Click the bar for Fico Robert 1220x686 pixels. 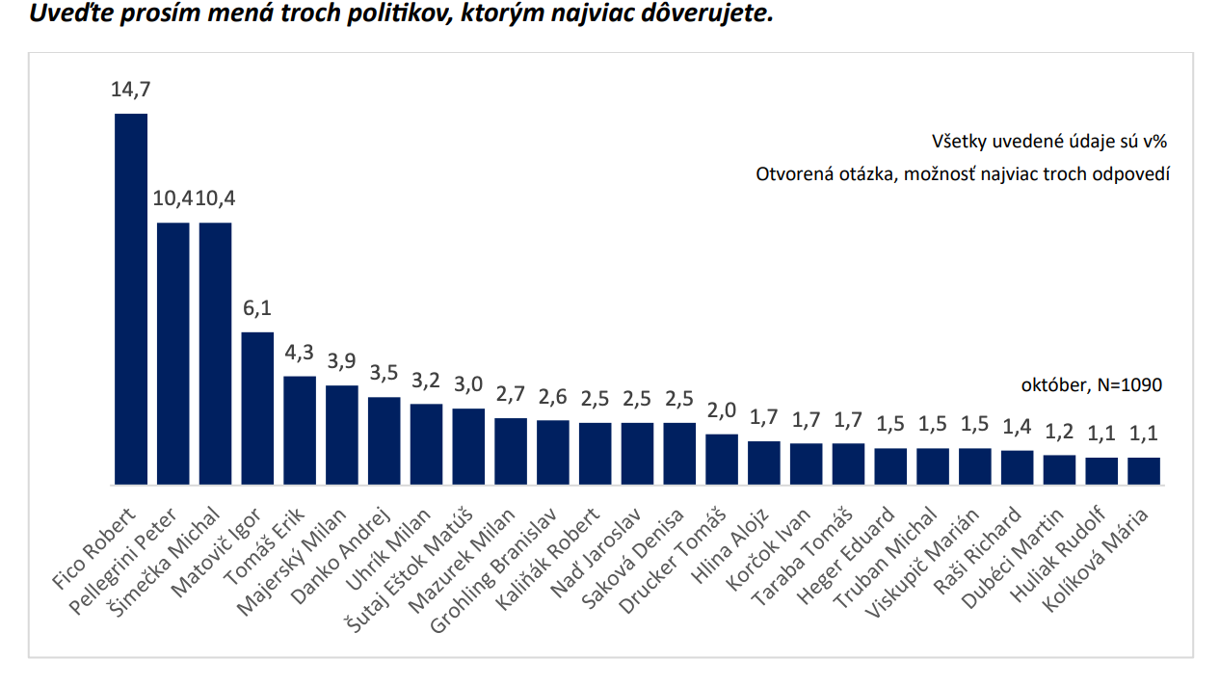pos(131,299)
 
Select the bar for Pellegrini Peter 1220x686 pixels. pos(173,353)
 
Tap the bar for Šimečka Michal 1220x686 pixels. pos(215,353)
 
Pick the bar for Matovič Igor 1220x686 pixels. pos(257,408)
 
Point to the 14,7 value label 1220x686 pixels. pos(131,90)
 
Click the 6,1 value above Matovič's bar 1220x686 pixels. pos(257,308)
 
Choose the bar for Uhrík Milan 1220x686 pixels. pos(426,443)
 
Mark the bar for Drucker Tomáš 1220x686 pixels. pos(722,459)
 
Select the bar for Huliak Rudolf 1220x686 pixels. pos(1101,470)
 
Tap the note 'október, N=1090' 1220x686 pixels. pos(1091,385)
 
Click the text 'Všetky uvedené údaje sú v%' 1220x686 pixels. pos(1049,142)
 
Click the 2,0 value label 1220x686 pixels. pos(722,411)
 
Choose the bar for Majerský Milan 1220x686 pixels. pos(342,435)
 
